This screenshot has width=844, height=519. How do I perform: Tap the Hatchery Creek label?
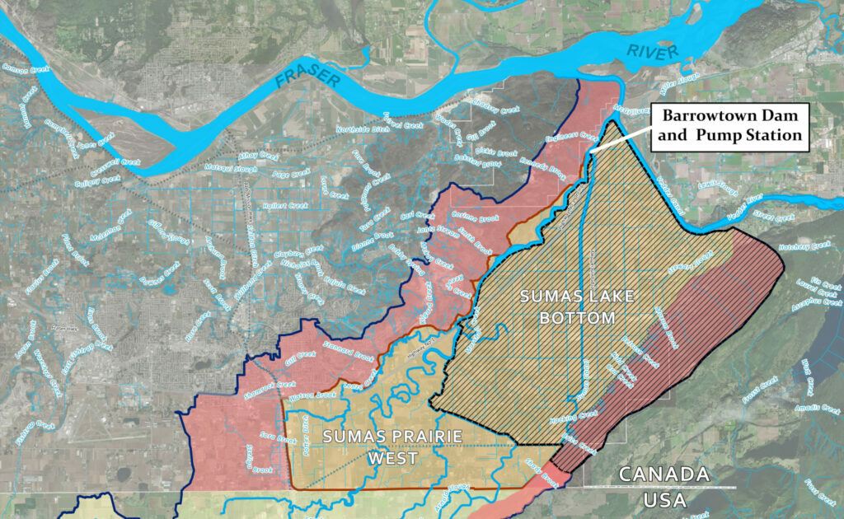pyautogui.click(x=809, y=245)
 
